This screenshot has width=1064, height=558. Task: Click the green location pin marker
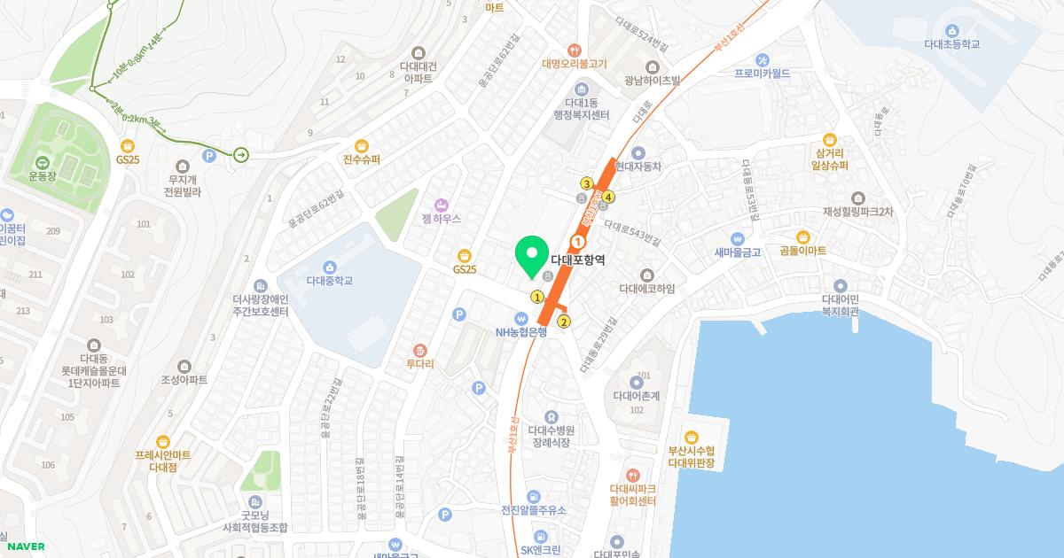point(532,257)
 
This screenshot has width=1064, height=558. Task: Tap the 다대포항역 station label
point(577,260)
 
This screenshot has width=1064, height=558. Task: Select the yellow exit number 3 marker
point(586,183)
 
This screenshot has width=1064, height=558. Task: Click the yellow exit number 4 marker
point(609,196)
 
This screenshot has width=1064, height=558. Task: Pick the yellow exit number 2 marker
point(564,322)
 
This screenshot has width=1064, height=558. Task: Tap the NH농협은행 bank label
point(521,332)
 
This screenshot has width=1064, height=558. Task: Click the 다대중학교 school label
point(329,281)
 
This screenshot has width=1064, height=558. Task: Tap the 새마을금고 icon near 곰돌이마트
point(737,238)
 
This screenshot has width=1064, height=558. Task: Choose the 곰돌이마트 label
point(802,251)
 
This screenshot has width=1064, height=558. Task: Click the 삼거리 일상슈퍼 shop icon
point(830,140)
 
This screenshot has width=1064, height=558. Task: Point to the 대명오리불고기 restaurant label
point(575,64)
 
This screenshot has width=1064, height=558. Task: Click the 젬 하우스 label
point(441,217)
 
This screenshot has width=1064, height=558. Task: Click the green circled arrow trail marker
point(241,155)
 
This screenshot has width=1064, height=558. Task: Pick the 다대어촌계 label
point(636,396)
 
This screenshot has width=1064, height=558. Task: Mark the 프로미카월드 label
point(762,74)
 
